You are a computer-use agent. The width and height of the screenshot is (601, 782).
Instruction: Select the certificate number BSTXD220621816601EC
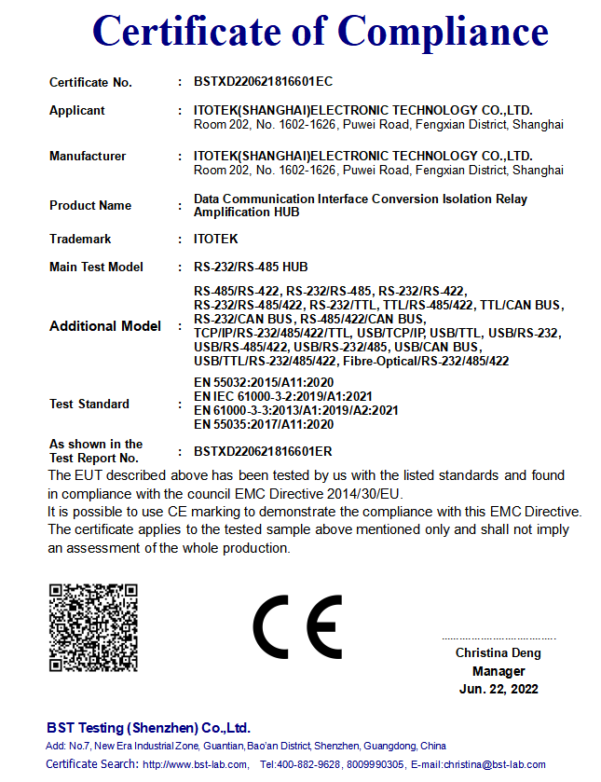point(263,82)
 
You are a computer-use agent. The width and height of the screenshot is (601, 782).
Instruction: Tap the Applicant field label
point(77,110)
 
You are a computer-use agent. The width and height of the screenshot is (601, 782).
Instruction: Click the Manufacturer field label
point(88,156)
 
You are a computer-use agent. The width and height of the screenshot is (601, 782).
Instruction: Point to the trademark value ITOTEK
point(216,239)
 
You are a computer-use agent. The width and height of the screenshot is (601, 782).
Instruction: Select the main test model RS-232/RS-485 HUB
point(250,267)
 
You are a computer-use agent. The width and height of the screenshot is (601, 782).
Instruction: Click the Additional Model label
point(105,326)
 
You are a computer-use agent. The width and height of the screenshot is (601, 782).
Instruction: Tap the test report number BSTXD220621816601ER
point(263,450)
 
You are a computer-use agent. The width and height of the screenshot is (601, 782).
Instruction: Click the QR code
point(93,627)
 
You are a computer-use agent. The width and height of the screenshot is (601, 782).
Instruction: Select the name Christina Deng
point(499,652)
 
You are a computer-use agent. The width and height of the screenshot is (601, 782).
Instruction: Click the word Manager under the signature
point(499,671)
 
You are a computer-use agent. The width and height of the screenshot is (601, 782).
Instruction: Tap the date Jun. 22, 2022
point(499,690)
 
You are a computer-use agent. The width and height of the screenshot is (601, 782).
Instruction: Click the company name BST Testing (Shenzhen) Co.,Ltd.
point(148,727)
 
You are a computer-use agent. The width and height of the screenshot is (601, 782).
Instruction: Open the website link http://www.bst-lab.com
point(195,764)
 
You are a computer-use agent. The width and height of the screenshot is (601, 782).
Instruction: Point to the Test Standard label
point(89,404)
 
